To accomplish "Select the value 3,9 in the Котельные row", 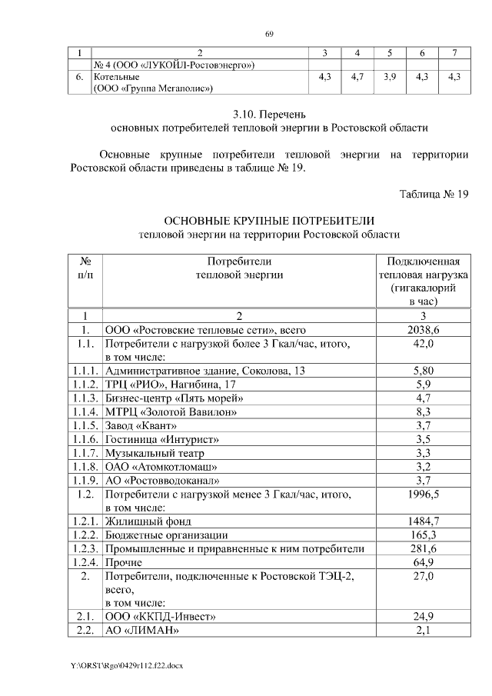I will (x=390, y=78).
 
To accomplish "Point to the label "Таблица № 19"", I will (x=434, y=193).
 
